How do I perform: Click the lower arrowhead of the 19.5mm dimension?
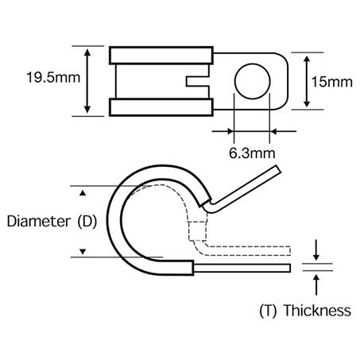(x=86, y=111)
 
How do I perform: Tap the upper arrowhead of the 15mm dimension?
(x=308, y=58)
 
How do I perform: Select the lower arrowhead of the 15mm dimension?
(x=308, y=105)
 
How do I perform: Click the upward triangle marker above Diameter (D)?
(x=81, y=192)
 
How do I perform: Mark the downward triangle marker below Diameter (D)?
(x=81, y=253)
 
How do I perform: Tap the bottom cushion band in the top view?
(x=162, y=106)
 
